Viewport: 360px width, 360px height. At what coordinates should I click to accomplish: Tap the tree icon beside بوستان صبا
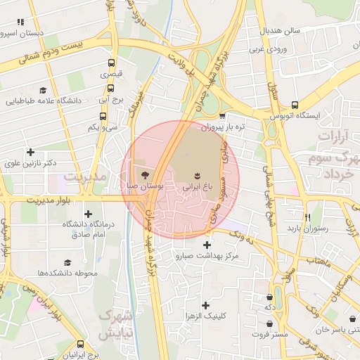(x=144, y=174)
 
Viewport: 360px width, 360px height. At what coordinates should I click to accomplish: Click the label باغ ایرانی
(x=198, y=188)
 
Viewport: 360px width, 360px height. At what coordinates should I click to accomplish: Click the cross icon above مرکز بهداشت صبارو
(x=206, y=244)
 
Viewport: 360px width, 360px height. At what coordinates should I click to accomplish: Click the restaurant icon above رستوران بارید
(x=307, y=217)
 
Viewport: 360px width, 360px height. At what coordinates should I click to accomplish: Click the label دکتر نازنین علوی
(x=30, y=164)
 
